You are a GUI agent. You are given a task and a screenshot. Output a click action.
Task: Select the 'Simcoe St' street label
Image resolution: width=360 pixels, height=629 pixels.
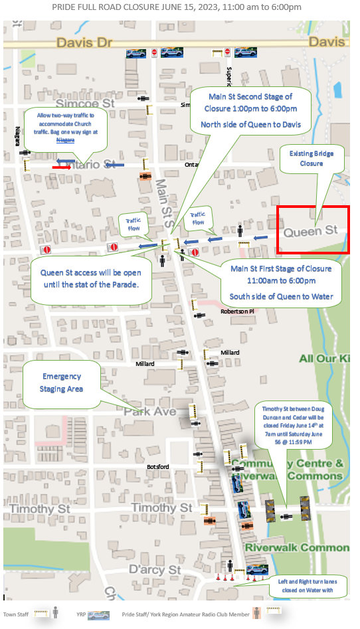pos(86,104)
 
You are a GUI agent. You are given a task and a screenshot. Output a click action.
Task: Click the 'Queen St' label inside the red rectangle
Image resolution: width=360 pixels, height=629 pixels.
pos(311,232)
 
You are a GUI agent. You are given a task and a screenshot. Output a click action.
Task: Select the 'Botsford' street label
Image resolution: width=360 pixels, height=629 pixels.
pos(159,467)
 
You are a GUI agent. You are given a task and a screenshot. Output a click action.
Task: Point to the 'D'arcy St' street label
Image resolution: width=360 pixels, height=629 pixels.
pos(154,570)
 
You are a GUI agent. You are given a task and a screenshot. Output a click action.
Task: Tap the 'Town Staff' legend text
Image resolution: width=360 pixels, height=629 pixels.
pos(16,614)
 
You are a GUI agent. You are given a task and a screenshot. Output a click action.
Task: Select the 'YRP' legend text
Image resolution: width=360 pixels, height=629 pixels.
pos(81,614)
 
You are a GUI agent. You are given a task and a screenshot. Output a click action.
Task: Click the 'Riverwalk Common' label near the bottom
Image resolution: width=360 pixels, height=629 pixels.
pos(296,547)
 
